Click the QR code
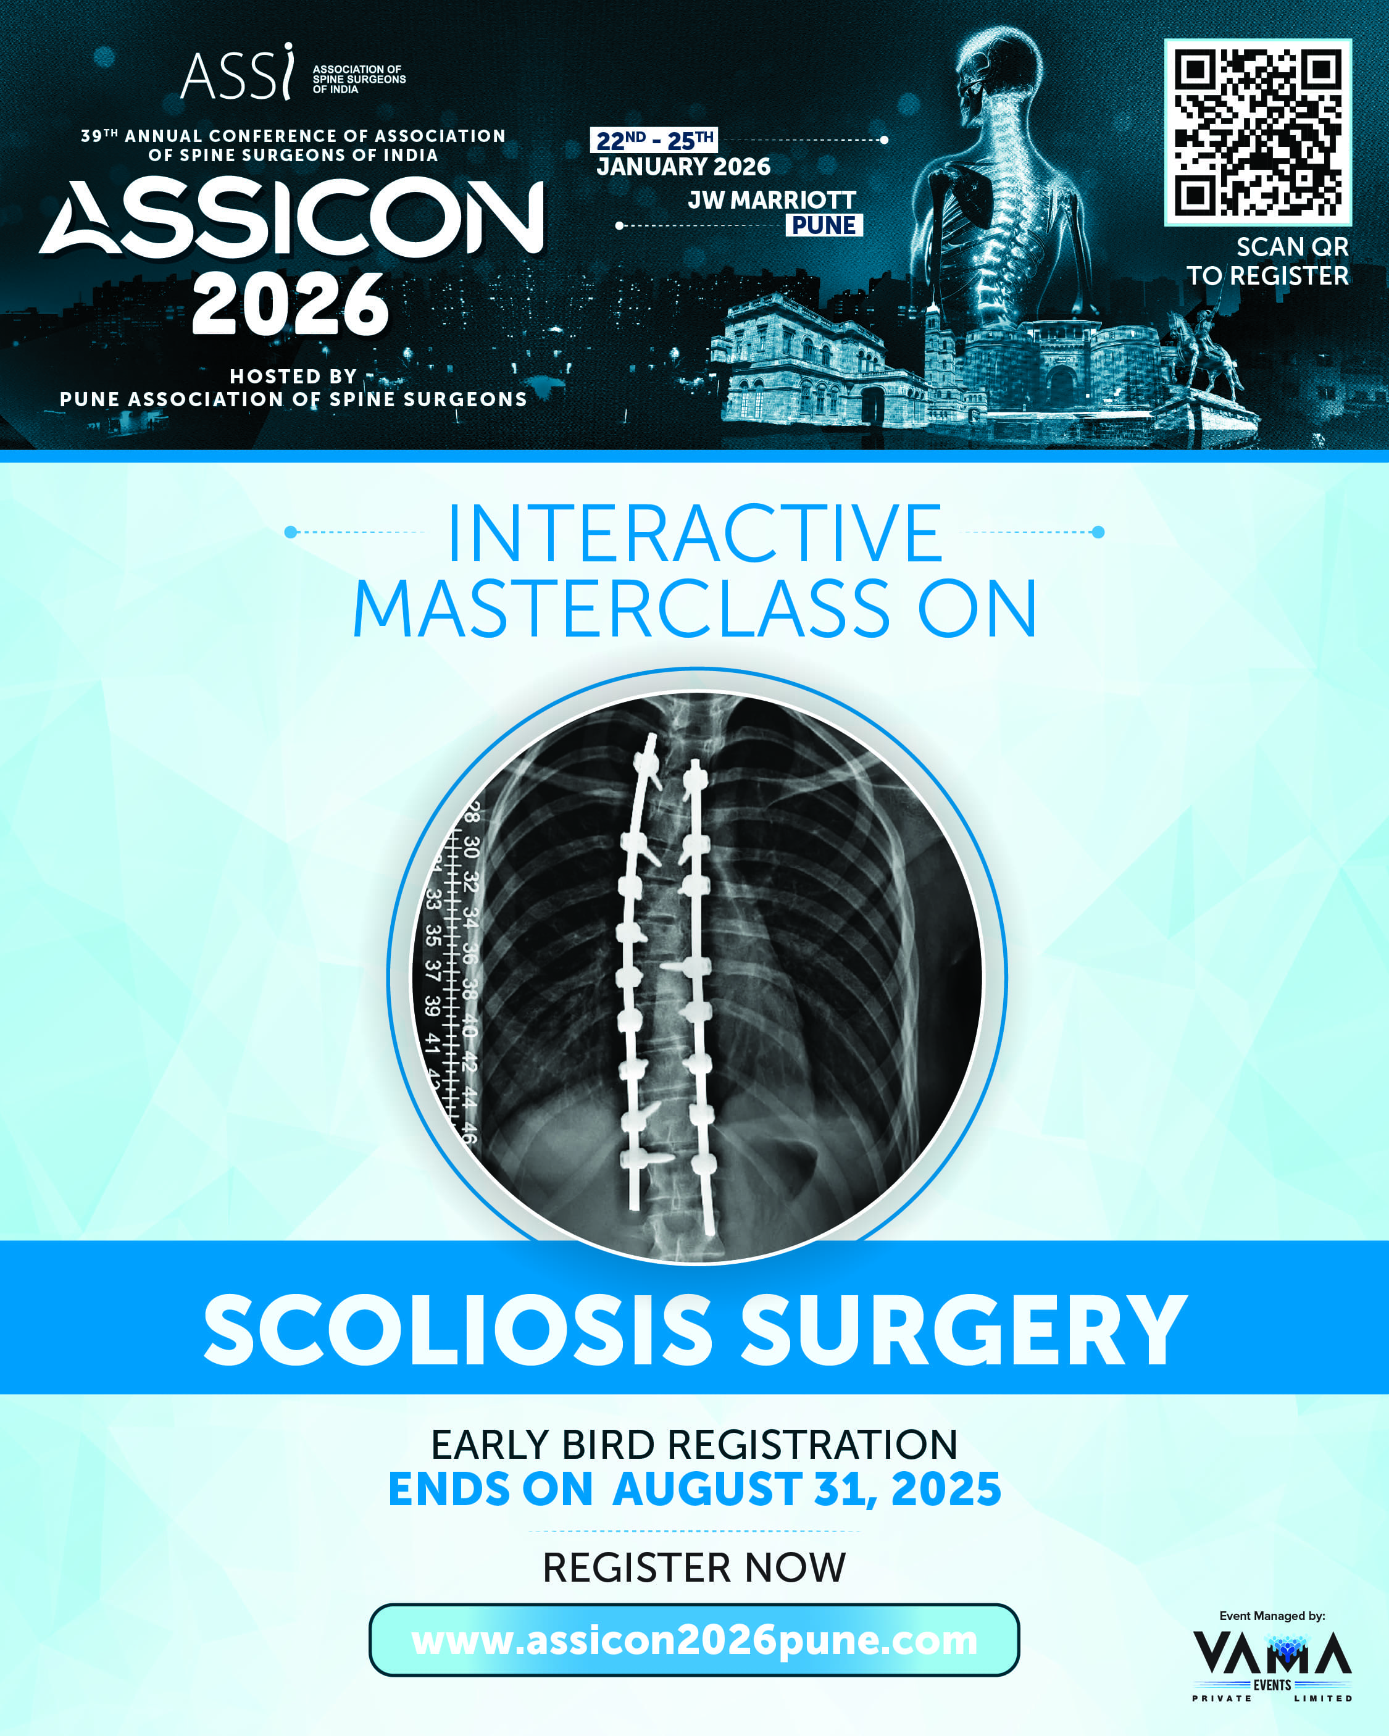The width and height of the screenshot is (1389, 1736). tap(1258, 132)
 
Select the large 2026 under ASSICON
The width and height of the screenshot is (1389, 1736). tap(290, 304)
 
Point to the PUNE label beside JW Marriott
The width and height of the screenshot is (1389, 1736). tap(824, 225)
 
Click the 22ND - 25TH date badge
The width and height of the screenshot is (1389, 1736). tap(654, 140)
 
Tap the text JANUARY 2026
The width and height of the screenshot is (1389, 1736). tap(683, 167)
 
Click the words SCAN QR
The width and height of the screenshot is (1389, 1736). tap(1291, 246)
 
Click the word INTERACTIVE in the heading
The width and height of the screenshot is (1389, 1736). tap(694, 532)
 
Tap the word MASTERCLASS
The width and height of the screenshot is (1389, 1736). tap(622, 609)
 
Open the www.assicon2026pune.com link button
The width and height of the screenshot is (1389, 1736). tap(694, 1640)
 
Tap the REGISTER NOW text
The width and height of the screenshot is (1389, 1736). tap(694, 1567)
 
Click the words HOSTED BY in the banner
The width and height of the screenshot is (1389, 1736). tap(293, 376)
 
